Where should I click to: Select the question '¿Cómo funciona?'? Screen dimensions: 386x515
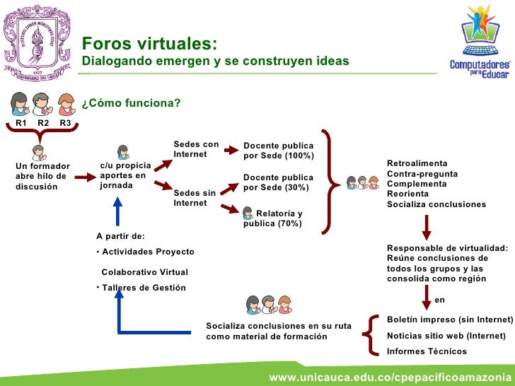(131, 104)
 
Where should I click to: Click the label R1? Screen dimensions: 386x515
(21, 123)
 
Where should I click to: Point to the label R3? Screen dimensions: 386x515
(65, 123)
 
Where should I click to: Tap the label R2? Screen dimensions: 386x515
(43, 123)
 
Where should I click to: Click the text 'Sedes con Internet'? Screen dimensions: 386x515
(196, 149)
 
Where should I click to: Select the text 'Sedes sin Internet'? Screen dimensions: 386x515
(195, 198)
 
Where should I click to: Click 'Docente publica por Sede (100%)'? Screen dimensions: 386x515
(278, 151)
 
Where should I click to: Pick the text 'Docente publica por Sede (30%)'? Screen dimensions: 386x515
(278, 182)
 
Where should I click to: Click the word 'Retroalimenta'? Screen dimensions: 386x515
(417, 164)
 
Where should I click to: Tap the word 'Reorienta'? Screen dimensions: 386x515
(409, 194)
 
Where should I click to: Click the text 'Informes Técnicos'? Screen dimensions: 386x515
(427, 351)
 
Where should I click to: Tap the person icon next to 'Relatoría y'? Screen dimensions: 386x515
(248, 212)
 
